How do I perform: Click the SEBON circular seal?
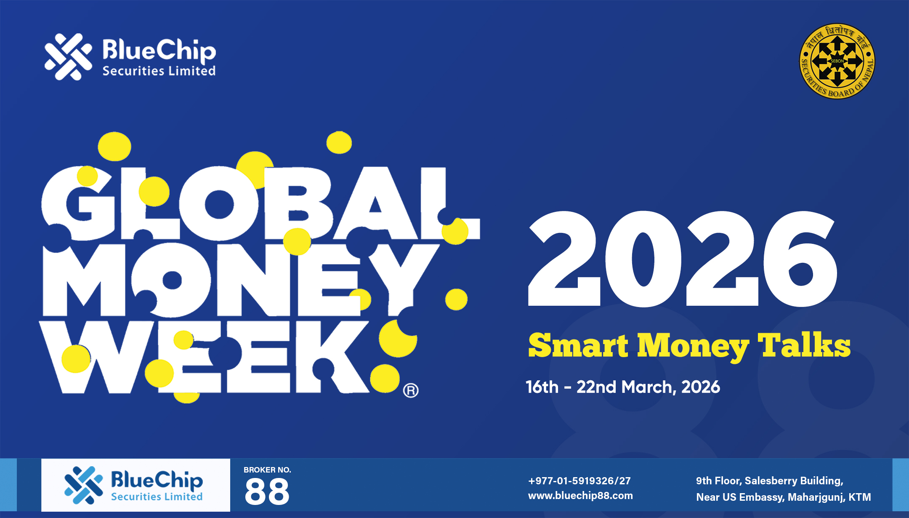pos(837,61)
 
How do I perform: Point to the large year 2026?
pos(683,259)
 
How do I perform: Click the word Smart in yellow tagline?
pos(578,345)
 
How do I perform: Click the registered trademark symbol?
pos(411,390)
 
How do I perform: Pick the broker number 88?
pos(267,491)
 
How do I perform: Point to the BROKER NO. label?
pos(267,470)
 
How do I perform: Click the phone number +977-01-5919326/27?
pos(579,481)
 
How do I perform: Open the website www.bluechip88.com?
pos(580,496)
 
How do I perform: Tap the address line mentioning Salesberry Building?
pos(770,481)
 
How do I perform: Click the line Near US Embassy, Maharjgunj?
pos(784,497)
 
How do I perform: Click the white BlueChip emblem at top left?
pos(68,57)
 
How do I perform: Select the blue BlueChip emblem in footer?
pos(84,485)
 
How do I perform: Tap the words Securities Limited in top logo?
pos(159,71)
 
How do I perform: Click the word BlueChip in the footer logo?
pos(157,480)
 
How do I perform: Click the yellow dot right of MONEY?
pos(457,299)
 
